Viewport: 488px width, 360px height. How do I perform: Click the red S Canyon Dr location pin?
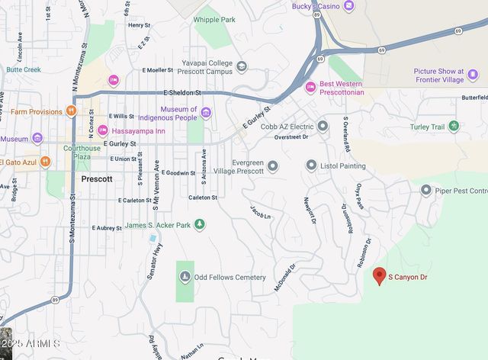[378, 275]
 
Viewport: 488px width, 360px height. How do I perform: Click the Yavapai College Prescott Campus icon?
[242, 66]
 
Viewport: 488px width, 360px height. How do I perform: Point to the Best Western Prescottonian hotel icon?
[310, 87]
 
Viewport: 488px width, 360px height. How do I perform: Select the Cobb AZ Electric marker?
[323, 126]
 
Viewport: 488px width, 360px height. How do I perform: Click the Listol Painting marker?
[311, 166]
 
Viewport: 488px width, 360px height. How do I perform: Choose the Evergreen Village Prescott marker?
[272, 166]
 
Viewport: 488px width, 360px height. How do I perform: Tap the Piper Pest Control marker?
[426, 190]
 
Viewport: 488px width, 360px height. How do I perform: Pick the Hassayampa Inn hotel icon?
[102, 131]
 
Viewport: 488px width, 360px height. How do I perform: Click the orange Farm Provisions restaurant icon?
[71, 111]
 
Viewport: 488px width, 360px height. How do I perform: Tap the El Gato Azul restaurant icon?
[45, 162]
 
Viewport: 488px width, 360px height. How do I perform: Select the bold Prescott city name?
[97, 178]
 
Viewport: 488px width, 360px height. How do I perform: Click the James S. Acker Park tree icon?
[200, 225]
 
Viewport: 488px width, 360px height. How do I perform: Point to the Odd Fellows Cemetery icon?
[185, 277]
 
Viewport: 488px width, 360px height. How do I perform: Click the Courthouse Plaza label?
[82, 153]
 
